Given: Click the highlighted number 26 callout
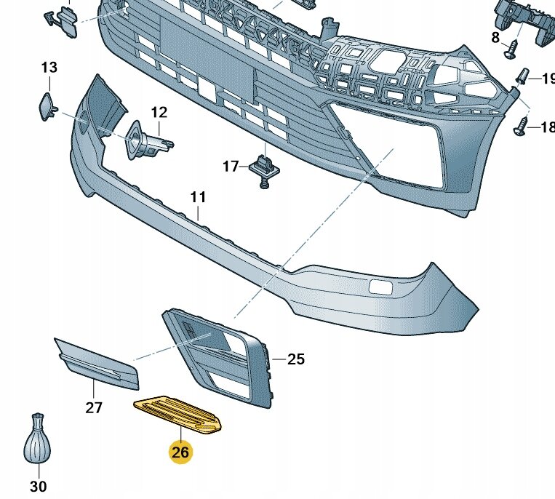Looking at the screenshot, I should click(x=180, y=452).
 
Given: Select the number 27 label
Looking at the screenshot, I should click(x=94, y=407).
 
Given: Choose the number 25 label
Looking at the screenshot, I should click(x=296, y=359).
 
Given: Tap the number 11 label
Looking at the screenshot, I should click(x=199, y=197).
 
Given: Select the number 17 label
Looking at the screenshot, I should click(x=231, y=167).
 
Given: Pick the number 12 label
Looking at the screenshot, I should click(x=159, y=112).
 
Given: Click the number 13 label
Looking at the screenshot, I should click(x=49, y=68).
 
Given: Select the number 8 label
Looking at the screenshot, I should click(x=495, y=37).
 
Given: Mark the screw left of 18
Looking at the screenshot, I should click(x=522, y=127).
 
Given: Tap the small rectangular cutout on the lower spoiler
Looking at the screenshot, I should click(x=379, y=286).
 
